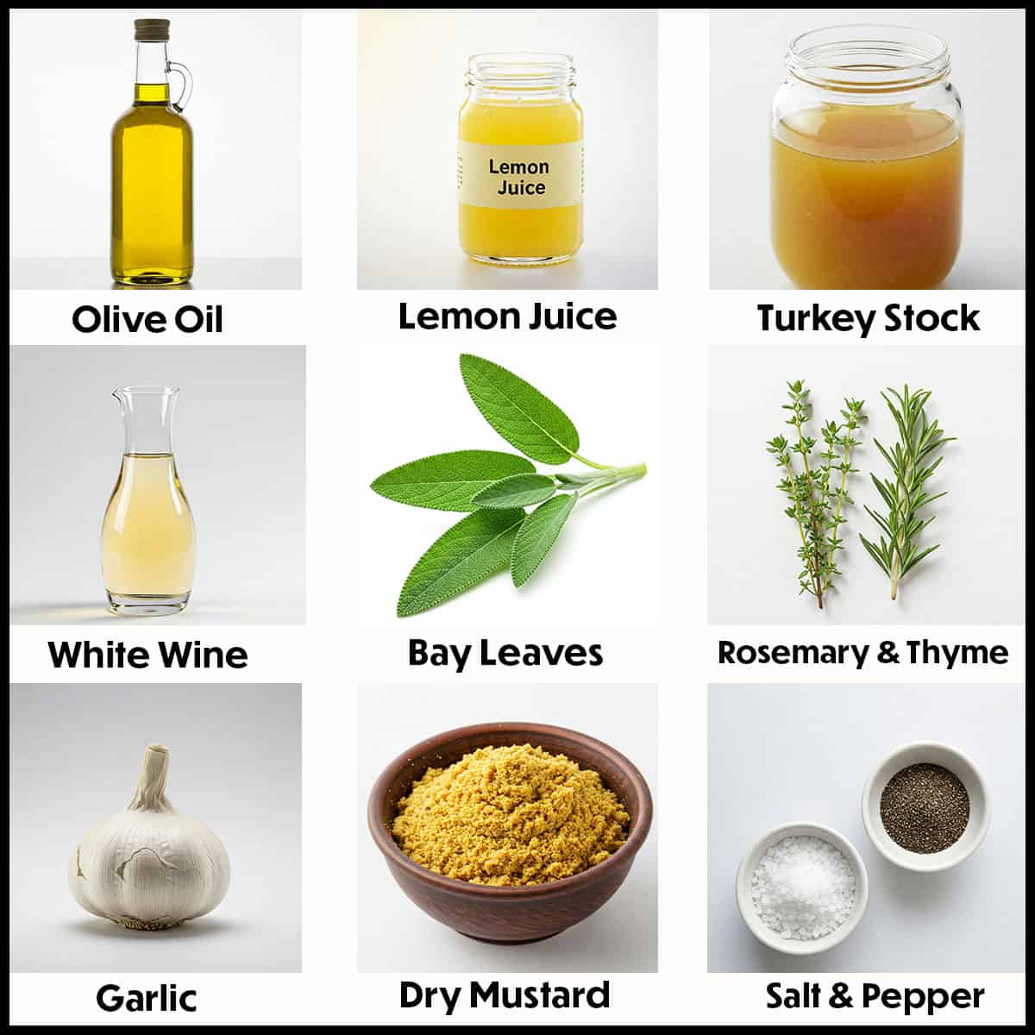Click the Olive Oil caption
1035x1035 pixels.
(x=147, y=319)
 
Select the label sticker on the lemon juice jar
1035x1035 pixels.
(x=517, y=176)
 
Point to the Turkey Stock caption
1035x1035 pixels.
(x=869, y=317)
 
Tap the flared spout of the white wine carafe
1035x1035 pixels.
(x=145, y=397)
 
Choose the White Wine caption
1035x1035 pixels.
(x=147, y=654)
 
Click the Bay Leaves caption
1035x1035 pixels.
(x=505, y=652)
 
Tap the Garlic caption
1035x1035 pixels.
(x=147, y=998)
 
